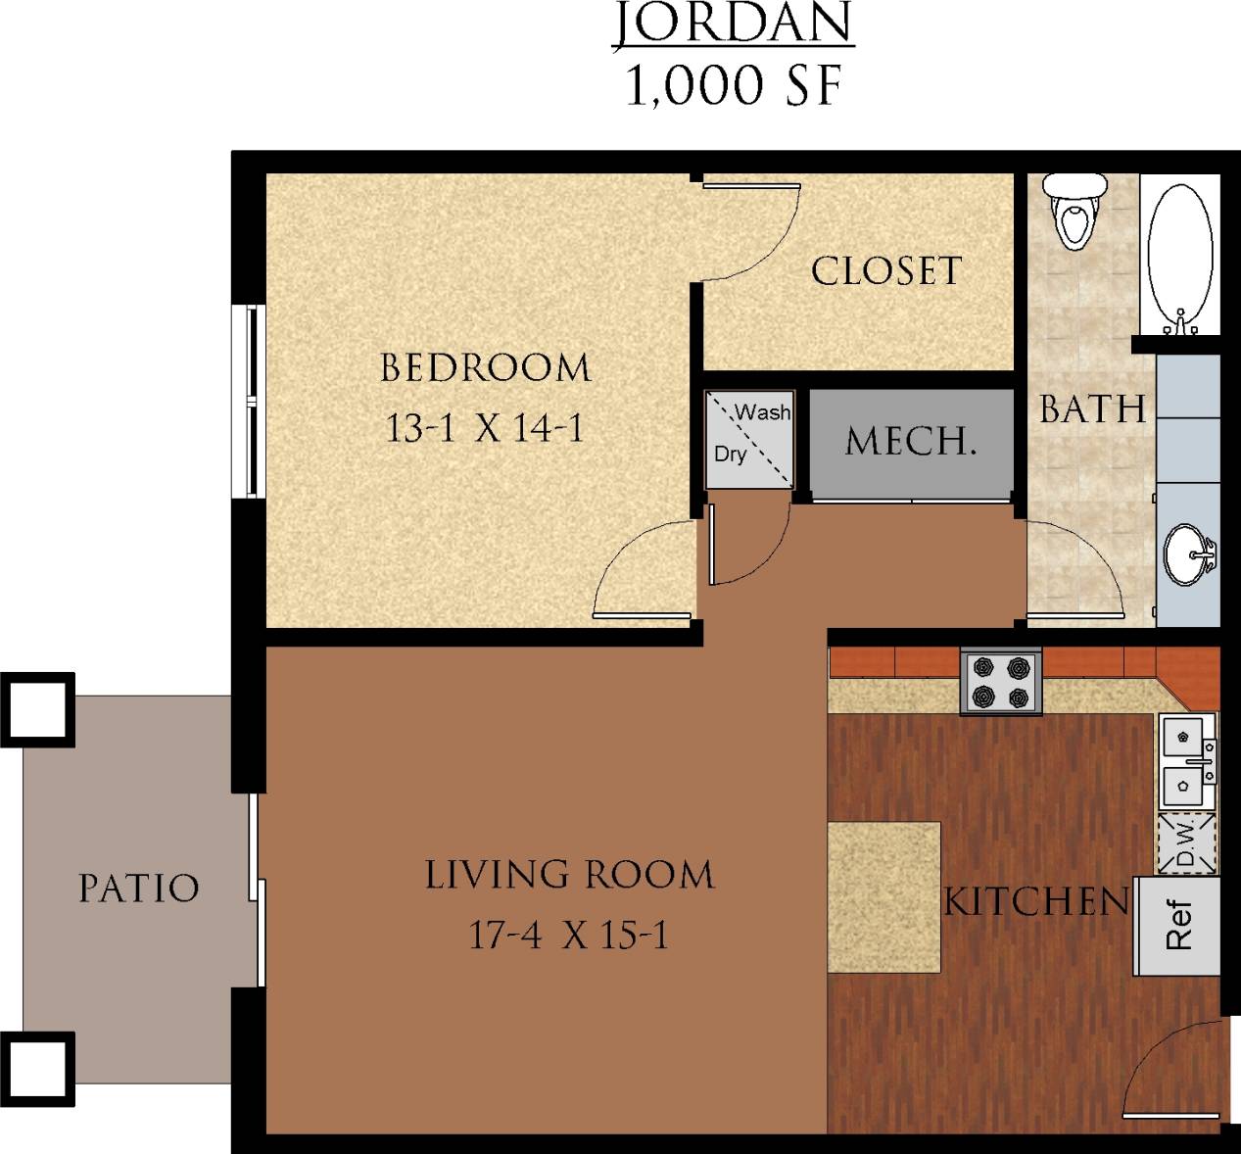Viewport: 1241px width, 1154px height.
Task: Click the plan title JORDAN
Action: pyautogui.click(x=734, y=24)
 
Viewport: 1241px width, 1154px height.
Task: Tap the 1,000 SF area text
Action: pyautogui.click(x=734, y=86)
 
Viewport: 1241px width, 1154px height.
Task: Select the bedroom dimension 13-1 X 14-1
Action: pyautogui.click(x=485, y=428)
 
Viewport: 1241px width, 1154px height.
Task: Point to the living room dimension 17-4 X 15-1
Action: pyautogui.click(x=568, y=936)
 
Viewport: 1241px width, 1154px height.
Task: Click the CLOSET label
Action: pyautogui.click(x=886, y=271)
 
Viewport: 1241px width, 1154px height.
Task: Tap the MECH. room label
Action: pyautogui.click(x=911, y=442)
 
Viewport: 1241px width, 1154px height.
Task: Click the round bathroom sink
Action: pyautogui.click(x=1188, y=555)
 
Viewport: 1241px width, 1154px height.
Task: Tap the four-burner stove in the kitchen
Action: pyautogui.click(x=1001, y=683)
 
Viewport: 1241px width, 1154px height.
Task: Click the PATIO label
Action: pyautogui.click(x=138, y=889)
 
